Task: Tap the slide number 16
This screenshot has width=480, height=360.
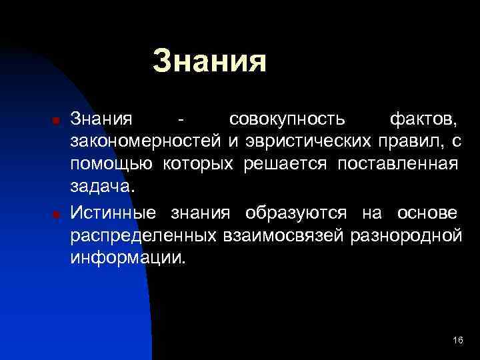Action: [457, 340]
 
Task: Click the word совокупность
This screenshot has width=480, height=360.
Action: [287, 120]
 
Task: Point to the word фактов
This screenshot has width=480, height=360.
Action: [423, 120]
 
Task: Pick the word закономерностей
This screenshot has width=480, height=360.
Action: [146, 143]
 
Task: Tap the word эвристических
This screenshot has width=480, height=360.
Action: [305, 143]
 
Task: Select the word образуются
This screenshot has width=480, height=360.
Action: [295, 213]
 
